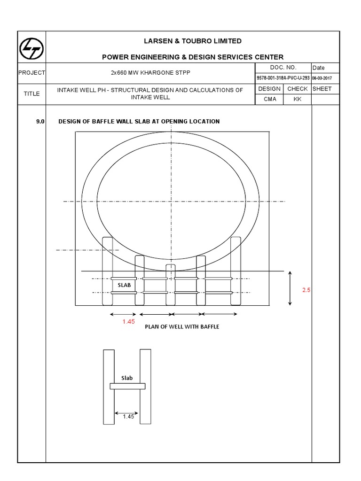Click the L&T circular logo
pyautogui.click(x=31, y=49)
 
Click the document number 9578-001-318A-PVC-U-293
pyautogui.click(x=283, y=78)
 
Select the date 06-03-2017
pyautogui.click(x=322, y=78)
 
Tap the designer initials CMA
pyautogui.click(x=270, y=99)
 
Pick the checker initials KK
pyautogui.click(x=298, y=99)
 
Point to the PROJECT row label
pyautogui.click(x=31, y=73)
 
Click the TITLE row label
pyautogui.click(x=31, y=93)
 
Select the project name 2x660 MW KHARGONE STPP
pyautogui.click(x=150, y=73)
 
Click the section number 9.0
pyautogui.click(x=40, y=122)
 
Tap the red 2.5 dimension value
pyautogui.click(x=306, y=290)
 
